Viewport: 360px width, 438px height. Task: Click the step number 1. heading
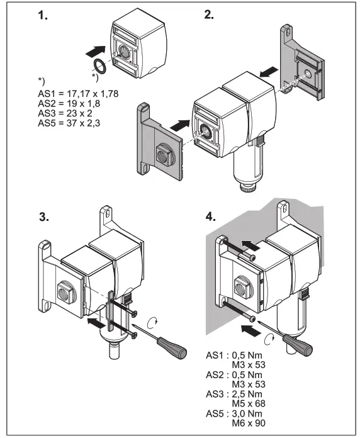tap(43, 18)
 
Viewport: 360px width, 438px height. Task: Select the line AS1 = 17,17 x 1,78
tap(79, 93)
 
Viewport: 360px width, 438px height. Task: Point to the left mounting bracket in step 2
tap(157, 140)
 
